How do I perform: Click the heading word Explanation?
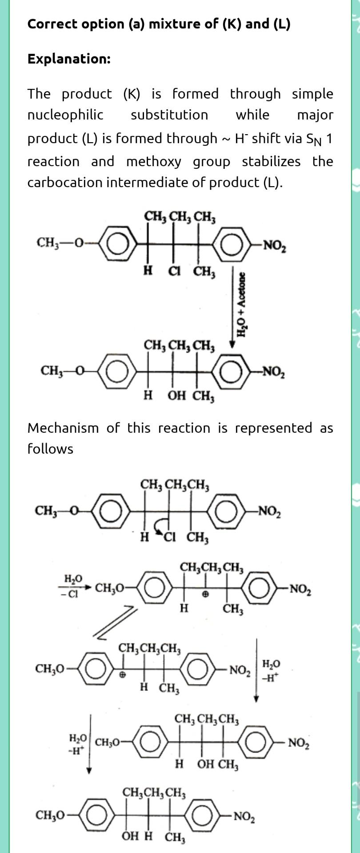69,59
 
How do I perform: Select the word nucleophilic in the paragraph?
65,115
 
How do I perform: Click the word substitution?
169,115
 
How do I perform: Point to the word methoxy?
154,161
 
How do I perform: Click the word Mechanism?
63,428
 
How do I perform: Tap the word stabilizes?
271,161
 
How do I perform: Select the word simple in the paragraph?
312,94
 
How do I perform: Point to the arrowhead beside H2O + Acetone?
232,344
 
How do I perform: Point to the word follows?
50,449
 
